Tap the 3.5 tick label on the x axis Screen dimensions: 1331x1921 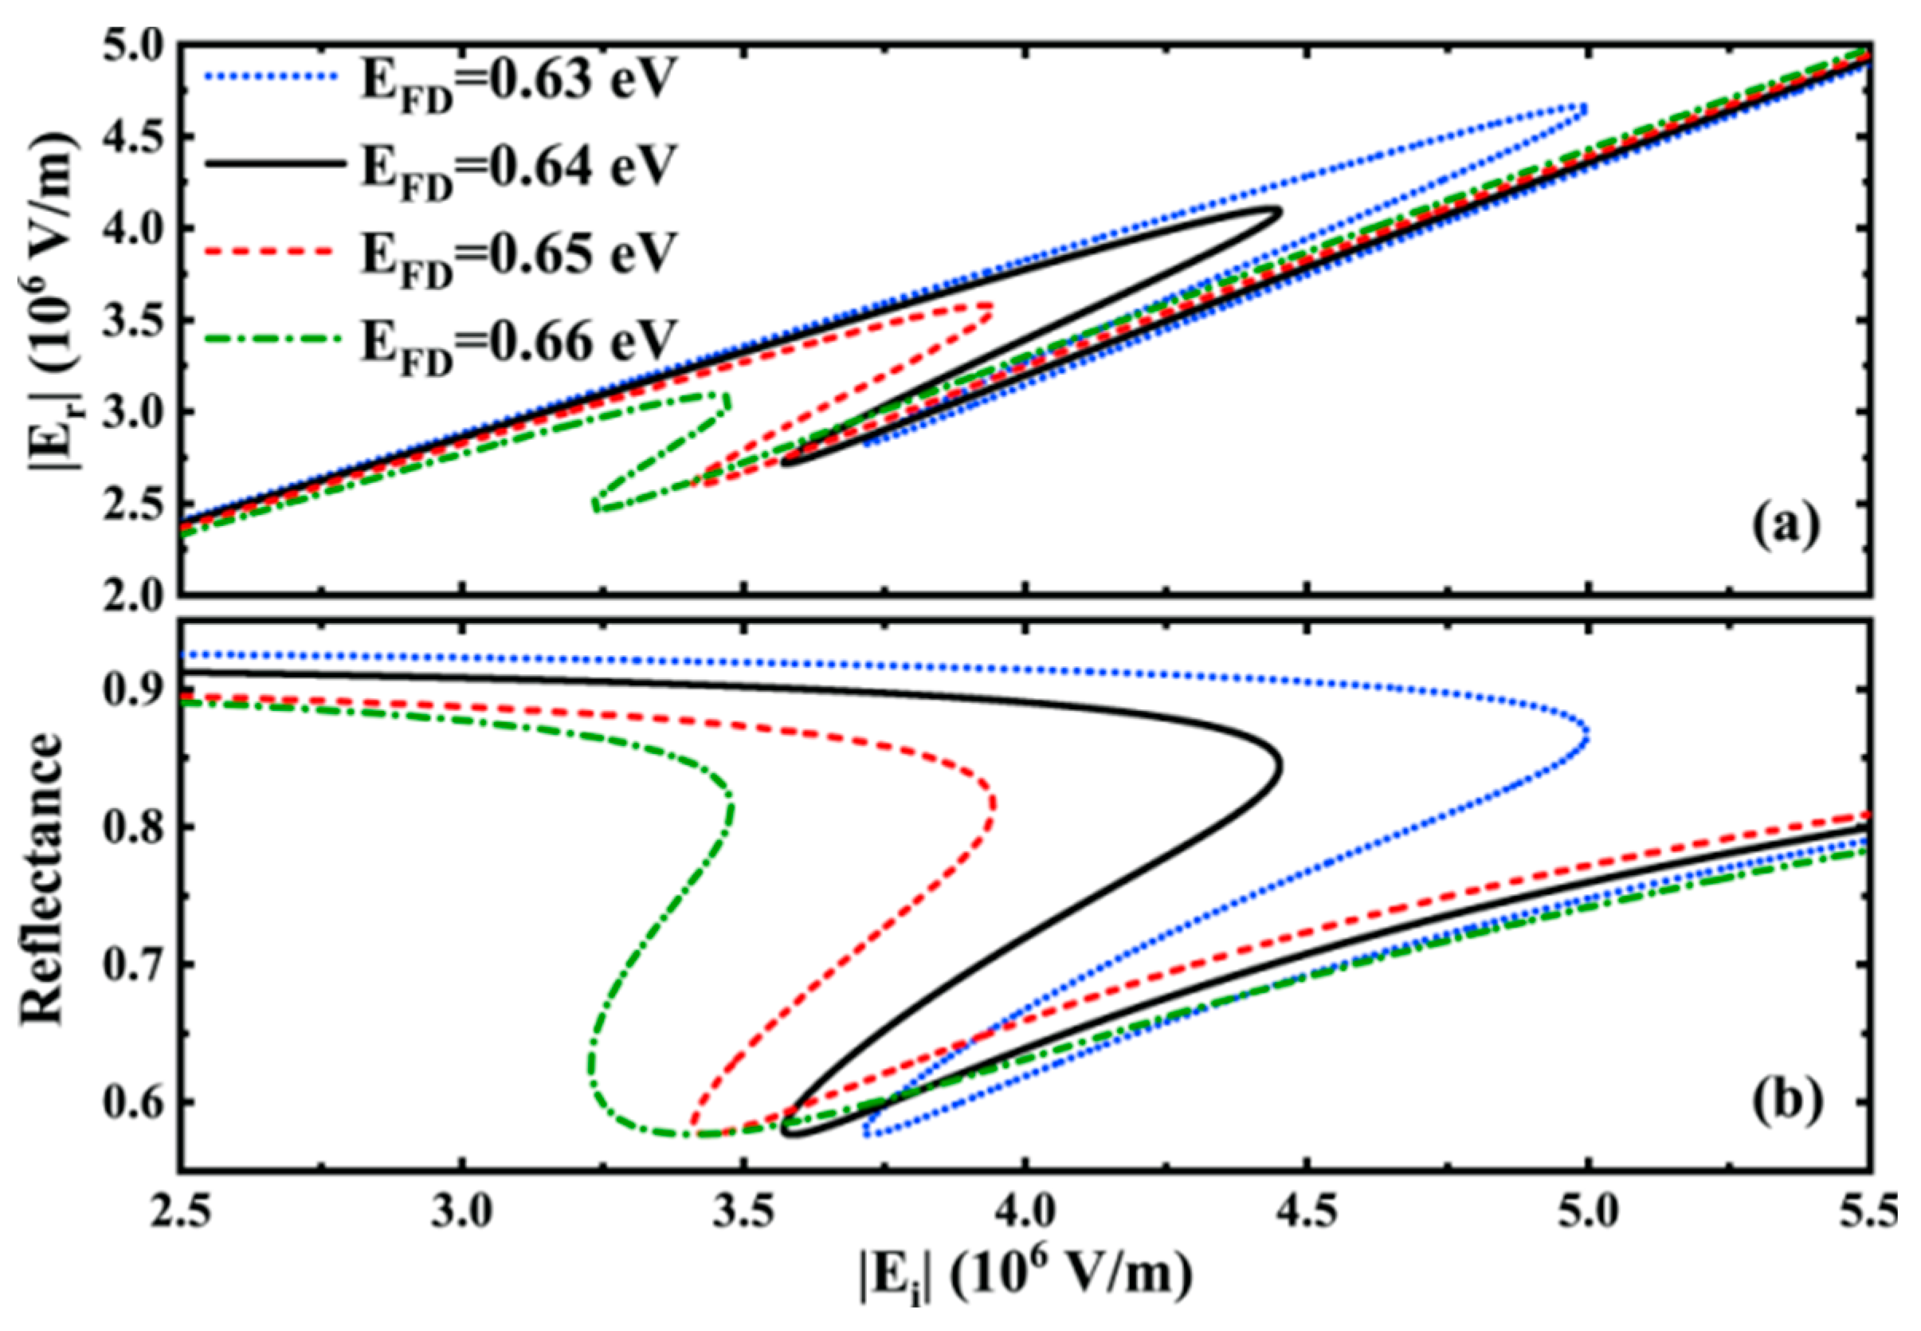pos(743,1211)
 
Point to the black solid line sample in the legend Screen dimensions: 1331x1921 pos(275,164)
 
